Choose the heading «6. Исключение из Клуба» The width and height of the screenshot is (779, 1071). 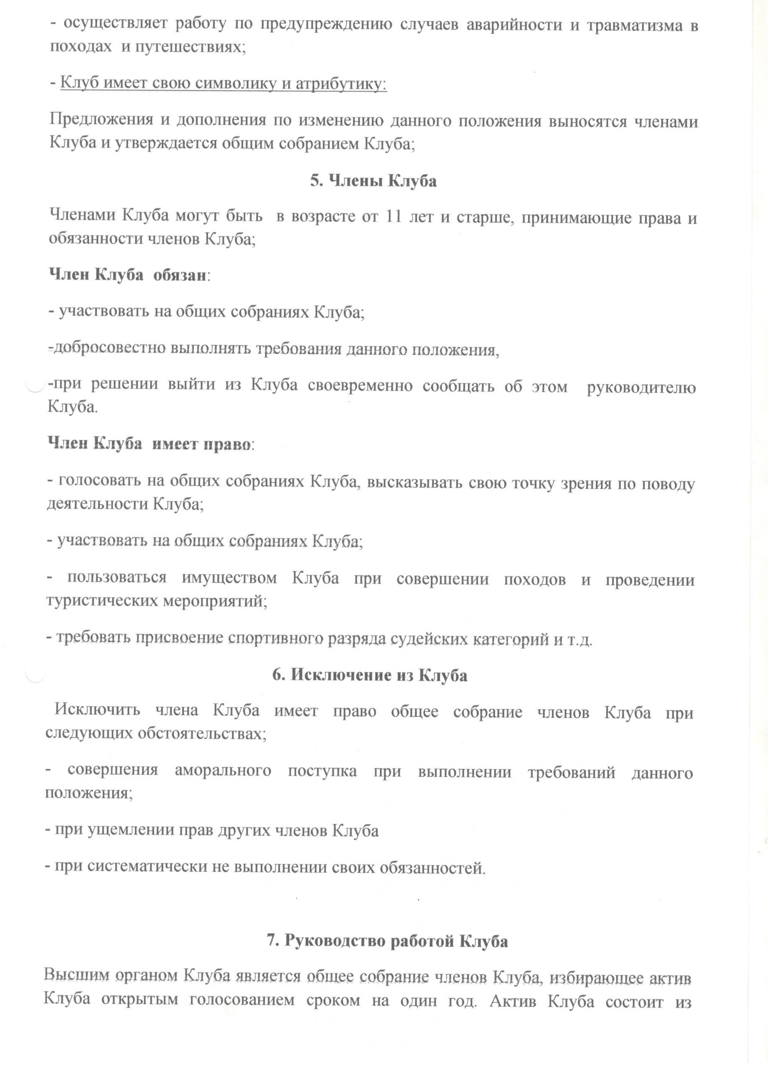[x=370, y=676]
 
